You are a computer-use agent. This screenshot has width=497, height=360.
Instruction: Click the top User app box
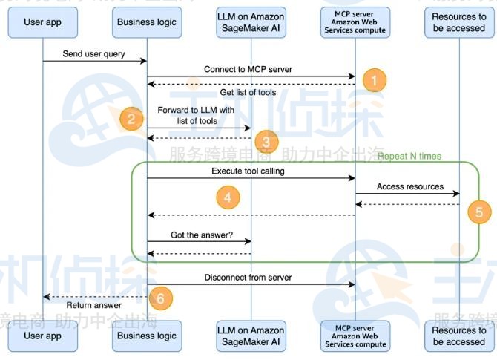42,22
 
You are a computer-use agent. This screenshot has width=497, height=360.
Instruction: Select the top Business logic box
147,22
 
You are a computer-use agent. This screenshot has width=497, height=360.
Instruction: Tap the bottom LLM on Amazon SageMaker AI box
251,336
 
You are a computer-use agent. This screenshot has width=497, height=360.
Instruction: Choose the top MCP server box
355,22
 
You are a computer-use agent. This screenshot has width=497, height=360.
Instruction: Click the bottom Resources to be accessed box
459,336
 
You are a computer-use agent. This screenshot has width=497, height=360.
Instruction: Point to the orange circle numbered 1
375,79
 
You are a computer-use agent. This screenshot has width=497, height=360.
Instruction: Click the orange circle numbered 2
131,118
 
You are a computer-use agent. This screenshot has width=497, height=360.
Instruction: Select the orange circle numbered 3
266,141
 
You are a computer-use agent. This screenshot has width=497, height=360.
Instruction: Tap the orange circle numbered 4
228,197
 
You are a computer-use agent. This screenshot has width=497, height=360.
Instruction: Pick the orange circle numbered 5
478,212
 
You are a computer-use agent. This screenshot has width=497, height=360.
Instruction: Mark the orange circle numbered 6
161,298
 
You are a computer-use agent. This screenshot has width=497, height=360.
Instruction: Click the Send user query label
94,54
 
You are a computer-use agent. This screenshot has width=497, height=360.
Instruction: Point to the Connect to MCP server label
248,69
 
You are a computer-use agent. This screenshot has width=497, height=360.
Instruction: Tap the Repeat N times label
409,157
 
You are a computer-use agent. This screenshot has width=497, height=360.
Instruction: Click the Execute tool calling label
248,171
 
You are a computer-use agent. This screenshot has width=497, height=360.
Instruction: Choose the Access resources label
409,186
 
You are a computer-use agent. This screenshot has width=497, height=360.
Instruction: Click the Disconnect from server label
248,278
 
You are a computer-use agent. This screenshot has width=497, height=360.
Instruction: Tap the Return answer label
93,305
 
